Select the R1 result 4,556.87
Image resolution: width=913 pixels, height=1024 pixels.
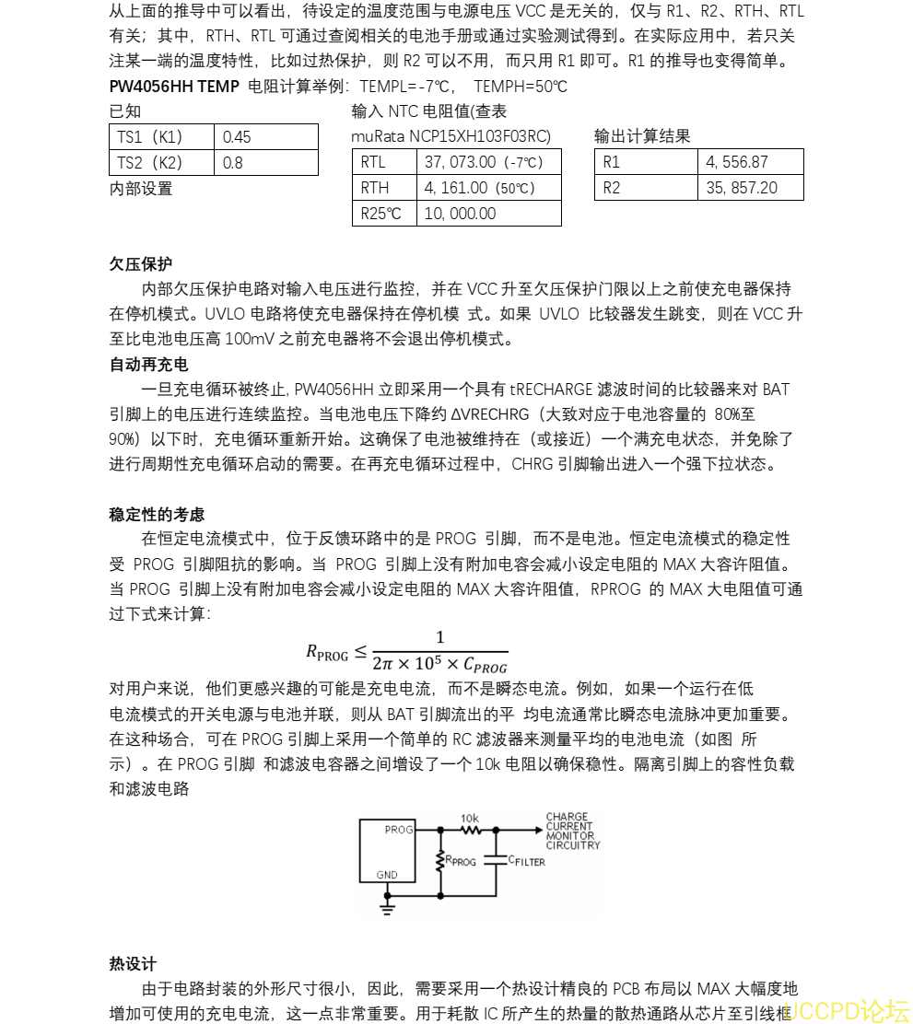pos(736,162)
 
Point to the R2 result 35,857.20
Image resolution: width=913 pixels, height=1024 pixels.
pos(741,188)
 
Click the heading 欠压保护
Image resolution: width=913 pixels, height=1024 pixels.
pos(141,264)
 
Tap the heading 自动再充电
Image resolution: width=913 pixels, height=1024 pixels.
pos(148,365)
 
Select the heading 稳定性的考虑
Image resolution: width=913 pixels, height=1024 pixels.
pos(157,515)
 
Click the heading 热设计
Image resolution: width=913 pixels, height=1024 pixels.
pos(133,964)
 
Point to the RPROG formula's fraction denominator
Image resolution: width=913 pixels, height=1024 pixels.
pos(439,664)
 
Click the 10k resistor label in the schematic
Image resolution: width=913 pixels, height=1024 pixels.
pos(470,818)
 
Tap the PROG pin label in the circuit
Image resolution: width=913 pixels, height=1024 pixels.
pos(399,830)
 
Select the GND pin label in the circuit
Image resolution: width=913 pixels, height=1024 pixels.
pos(387,876)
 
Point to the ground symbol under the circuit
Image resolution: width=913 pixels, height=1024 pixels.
pos(388,909)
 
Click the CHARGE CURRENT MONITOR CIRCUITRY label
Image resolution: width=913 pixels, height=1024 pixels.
pos(572,831)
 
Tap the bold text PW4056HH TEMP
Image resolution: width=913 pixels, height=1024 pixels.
pos(174,87)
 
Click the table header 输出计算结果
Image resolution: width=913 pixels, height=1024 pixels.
pos(642,137)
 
